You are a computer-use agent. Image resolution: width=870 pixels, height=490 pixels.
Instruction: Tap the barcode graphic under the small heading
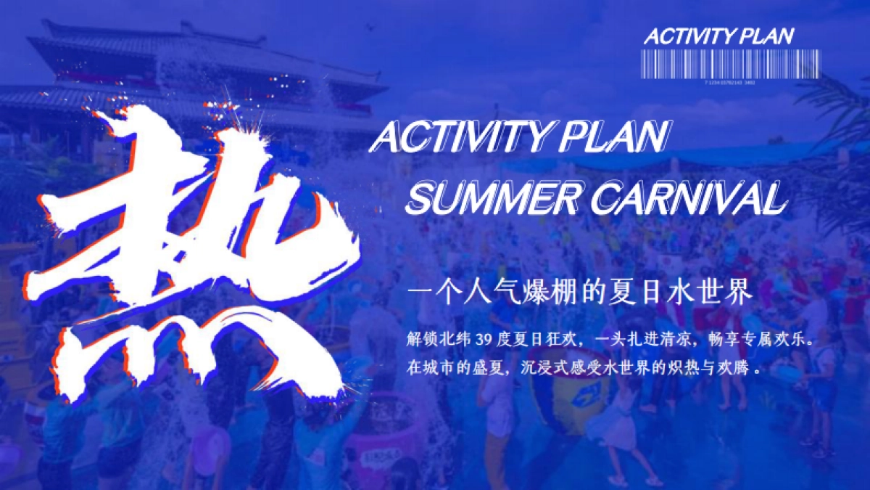pyautogui.click(x=730, y=64)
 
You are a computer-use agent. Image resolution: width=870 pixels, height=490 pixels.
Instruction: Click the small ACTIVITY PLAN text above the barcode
pyautogui.click(x=718, y=36)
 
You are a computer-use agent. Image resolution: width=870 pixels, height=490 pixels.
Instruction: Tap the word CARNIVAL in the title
pyautogui.click(x=689, y=197)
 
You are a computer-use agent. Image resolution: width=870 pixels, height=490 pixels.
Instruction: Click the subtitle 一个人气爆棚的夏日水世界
pyautogui.click(x=581, y=294)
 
